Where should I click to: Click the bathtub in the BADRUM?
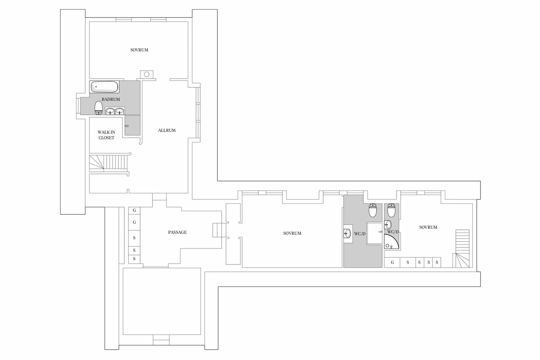pos(104,87)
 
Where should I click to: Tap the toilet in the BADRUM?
pos(99,108)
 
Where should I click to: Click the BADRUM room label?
pos(111,99)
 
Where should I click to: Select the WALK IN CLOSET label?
pos(106,135)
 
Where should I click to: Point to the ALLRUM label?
pos(167,131)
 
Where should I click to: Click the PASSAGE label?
pos(177,232)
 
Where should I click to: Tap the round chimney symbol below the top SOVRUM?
pos(147,75)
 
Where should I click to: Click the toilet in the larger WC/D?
pos(373,210)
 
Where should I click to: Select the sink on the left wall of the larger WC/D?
pos(347,233)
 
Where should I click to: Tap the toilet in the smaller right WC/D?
pos(391,210)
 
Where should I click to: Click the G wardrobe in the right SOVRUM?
pos(392,262)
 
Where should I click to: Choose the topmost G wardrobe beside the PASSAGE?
pos(134,210)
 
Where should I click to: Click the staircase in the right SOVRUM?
pos(462,249)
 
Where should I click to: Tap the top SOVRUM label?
pos(139,50)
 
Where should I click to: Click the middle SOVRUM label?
pos(292,233)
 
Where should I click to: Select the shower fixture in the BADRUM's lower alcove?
pos(127,126)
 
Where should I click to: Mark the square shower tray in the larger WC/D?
pos(374,233)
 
